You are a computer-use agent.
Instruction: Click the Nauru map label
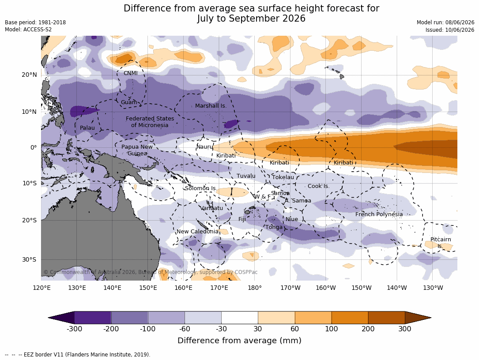click(x=205, y=147)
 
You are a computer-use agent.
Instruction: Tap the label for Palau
click(x=87, y=128)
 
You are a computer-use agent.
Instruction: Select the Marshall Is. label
click(x=211, y=106)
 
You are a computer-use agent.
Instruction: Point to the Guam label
click(x=129, y=102)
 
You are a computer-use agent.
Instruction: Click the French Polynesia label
click(x=379, y=214)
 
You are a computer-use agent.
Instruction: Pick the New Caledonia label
click(x=197, y=232)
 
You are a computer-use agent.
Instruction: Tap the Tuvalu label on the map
click(x=246, y=176)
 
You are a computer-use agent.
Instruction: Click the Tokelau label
click(x=283, y=177)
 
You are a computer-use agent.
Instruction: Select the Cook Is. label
click(x=318, y=186)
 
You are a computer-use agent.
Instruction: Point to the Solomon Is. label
click(x=201, y=188)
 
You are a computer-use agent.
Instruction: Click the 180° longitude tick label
click(x=255, y=288)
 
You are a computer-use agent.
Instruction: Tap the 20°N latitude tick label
click(x=29, y=75)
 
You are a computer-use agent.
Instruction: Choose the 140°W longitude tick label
click(x=396, y=288)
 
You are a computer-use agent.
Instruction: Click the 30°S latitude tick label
click(x=29, y=259)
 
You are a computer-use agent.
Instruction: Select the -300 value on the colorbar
click(x=74, y=329)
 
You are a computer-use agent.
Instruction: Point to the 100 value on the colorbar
click(x=332, y=329)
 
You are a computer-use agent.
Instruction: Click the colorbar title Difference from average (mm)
click(x=239, y=341)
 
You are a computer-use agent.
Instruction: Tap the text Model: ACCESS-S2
click(x=28, y=30)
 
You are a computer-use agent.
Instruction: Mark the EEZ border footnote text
click(x=78, y=355)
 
